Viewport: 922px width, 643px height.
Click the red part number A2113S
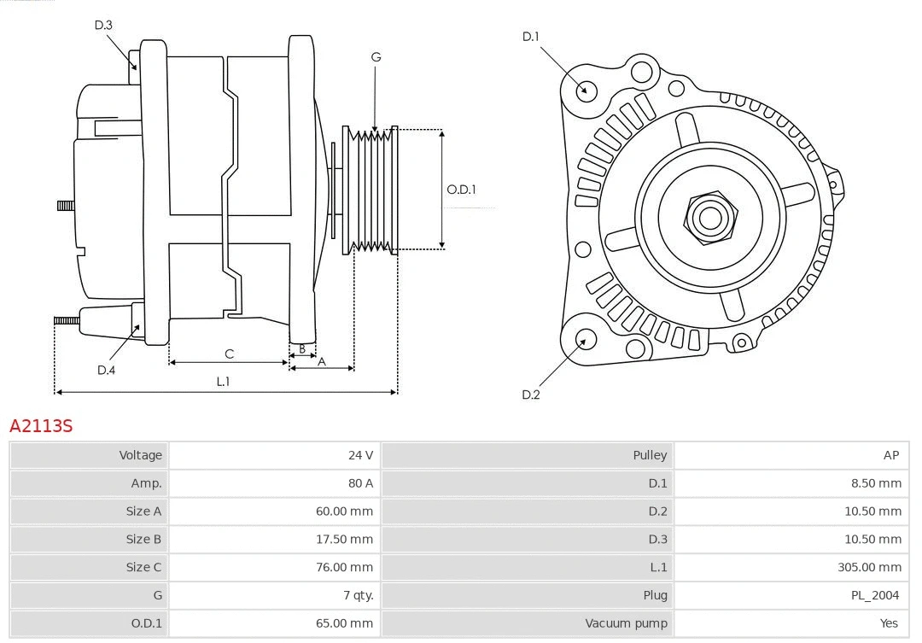(41, 425)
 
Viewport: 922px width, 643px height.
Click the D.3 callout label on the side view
(103, 25)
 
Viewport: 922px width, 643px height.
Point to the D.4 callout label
(106, 370)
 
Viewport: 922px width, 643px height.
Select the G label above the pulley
(376, 57)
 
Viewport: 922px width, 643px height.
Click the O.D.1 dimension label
(461, 190)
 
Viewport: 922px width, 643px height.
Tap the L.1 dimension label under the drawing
(223, 381)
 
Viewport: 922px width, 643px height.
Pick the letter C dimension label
(229, 354)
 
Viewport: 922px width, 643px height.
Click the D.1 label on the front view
(531, 36)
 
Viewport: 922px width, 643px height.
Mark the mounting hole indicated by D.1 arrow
(586, 89)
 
